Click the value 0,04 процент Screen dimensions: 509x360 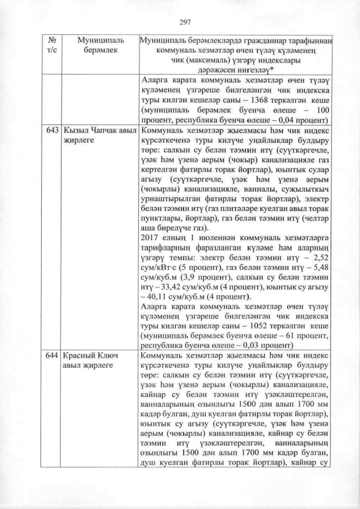(304, 120)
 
